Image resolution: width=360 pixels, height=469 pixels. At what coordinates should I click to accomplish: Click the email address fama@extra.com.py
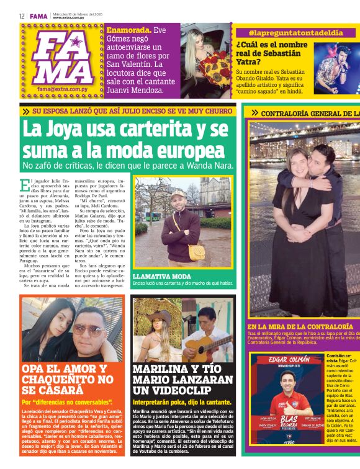[60, 89]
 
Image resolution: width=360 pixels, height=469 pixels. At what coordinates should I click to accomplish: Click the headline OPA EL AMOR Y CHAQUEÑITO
[67, 379]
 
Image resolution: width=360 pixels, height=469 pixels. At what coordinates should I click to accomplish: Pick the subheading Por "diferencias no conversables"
[67, 402]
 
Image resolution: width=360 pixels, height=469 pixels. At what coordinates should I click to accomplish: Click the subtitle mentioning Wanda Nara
[127, 166]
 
